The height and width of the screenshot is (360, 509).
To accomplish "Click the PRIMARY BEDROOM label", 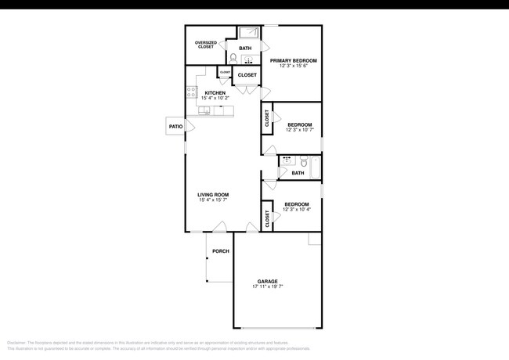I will click(294, 60).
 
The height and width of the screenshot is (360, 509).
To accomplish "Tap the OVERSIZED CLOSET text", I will click(205, 45).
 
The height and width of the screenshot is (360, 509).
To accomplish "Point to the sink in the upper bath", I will click(249, 59).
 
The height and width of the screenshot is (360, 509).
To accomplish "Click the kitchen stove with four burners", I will click(190, 93).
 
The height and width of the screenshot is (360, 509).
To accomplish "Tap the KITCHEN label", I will click(215, 94).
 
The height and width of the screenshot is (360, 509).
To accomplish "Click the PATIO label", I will click(175, 126).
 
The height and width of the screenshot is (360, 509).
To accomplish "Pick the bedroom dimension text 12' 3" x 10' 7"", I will click(299, 130).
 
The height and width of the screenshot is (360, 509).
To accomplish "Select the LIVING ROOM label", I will click(212, 195).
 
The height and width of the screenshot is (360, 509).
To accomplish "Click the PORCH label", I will click(220, 251).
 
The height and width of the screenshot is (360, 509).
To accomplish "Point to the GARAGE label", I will click(268, 281).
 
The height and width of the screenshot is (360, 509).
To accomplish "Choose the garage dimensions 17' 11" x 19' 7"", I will click(268, 287).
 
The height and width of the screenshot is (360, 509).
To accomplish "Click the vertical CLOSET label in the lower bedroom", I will click(267, 221).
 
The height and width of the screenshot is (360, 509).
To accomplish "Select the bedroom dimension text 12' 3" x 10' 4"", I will click(297, 210).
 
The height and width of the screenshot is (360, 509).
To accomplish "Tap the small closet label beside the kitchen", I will click(225, 73).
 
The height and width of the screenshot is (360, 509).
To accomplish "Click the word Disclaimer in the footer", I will click(16, 343).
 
